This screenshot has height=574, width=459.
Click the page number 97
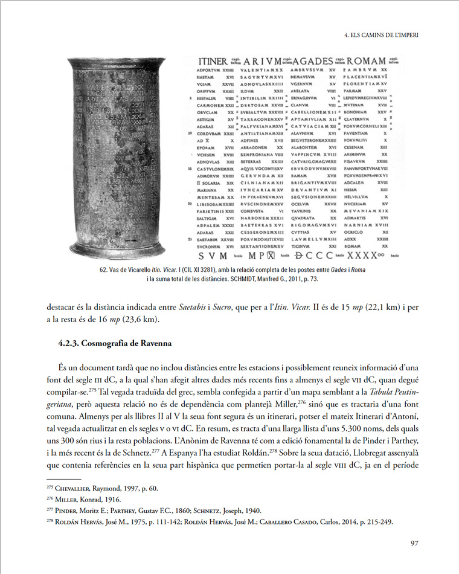pyautogui.click(x=414, y=543)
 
